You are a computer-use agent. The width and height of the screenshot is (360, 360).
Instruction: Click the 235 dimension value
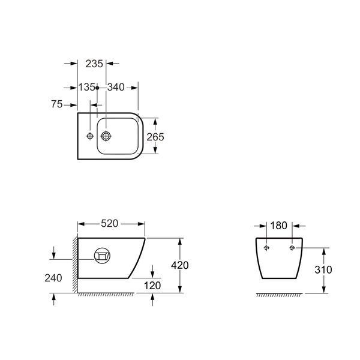point(94,64)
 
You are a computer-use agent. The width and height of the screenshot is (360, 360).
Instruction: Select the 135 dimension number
point(86,87)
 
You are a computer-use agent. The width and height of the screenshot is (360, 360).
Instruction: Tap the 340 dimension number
point(116,87)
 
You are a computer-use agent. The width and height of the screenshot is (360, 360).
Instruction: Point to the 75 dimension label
point(57,104)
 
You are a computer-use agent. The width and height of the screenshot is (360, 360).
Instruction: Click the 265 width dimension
point(155,137)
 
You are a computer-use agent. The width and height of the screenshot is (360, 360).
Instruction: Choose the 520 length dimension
point(110,223)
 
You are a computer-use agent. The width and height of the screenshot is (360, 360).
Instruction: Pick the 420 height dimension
point(180,265)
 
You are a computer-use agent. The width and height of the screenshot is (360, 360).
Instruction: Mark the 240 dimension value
point(53,278)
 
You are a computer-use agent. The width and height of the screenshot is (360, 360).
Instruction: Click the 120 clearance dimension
point(152,286)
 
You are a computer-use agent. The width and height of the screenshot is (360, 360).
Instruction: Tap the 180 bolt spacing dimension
point(278,226)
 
